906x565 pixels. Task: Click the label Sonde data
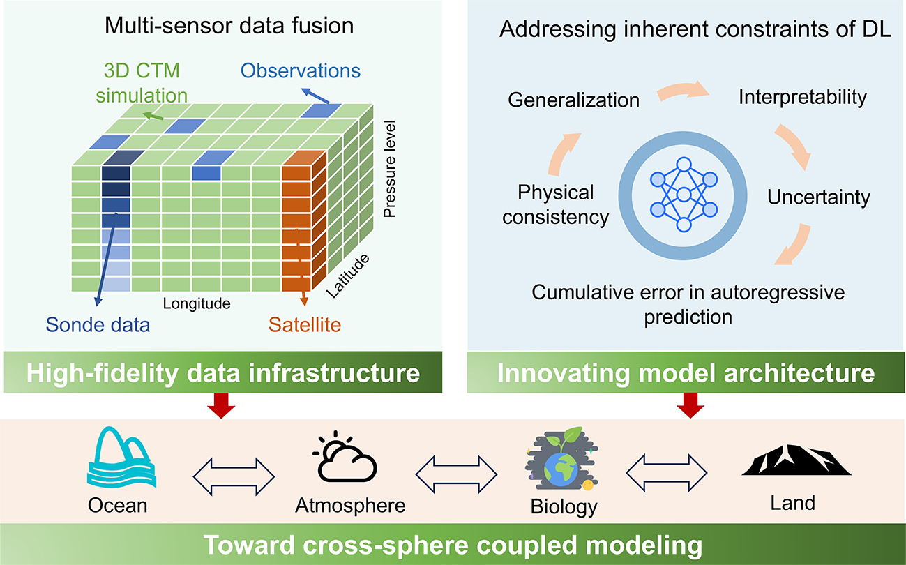point(98,324)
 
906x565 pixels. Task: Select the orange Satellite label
point(305,324)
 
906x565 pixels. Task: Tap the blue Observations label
point(301,70)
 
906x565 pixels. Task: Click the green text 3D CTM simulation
point(142,82)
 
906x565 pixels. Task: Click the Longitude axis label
point(197,303)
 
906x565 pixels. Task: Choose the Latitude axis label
point(347,276)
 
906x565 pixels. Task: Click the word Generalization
point(573,100)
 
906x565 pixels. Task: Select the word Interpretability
point(802,96)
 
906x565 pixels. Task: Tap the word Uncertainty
point(818,197)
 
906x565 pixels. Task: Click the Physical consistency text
point(556,204)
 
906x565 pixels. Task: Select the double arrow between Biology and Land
point(666,474)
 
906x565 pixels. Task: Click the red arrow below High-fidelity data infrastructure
point(222,405)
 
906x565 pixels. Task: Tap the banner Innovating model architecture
point(686,372)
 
